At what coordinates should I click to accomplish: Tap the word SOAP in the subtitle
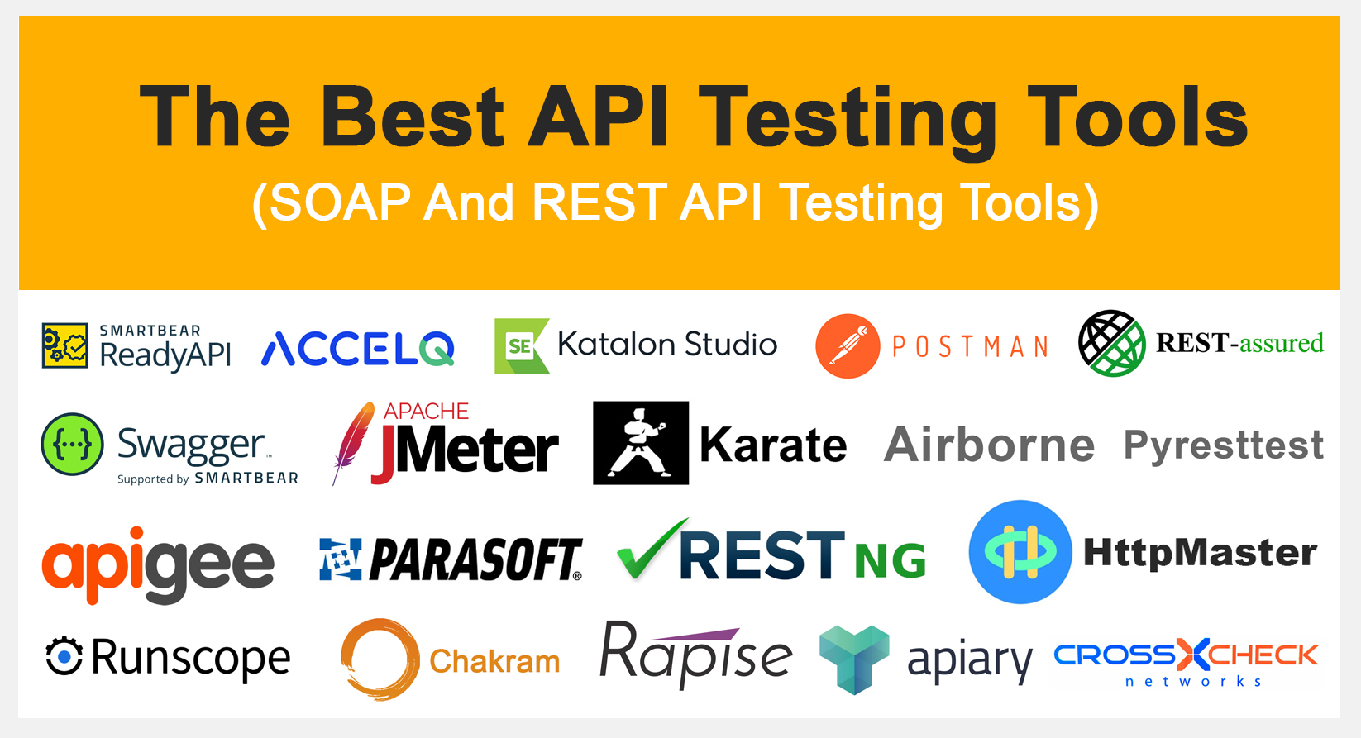pyautogui.click(x=339, y=203)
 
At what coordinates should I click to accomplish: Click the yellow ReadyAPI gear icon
pyautogui.click(x=64, y=345)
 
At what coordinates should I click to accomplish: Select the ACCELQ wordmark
pyautogui.click(x=358, y=349)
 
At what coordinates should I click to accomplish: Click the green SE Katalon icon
pyautogui.click(x=521, y=346)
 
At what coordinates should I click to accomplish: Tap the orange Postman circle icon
pyautogui.click(x=848, y=346)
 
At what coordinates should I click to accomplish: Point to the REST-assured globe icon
pyautogui.click(x=1112, y=343)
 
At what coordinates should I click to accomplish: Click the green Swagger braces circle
pyautogui.click(x=73, y=445)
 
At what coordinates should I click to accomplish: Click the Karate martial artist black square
pyautogui.click(x=641, y=443)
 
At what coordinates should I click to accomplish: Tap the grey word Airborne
pyautogui.click(x=989, y=445)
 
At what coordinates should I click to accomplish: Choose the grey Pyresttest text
pyautogui.click(x=1223, y=445)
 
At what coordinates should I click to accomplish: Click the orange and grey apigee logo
pyautogui.click(x=157, y=564)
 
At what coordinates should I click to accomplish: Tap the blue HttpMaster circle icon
pyautogui.click(x=1020, y=552)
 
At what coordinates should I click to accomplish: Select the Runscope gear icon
pyautogui.click(x=64, y=657)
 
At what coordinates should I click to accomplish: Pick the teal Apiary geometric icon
pyautogui.click(x=854, y=659)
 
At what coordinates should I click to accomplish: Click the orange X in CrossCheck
pyautogui.click(x=1192, y=655)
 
